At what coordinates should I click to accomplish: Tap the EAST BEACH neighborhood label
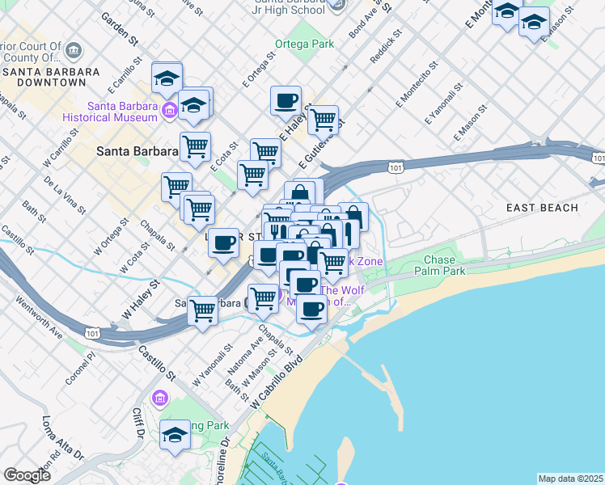(542, 208)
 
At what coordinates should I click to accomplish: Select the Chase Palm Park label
(445, 266)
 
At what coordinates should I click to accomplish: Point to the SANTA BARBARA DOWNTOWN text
(50, 77)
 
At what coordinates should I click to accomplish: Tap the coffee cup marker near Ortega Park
(286, 101)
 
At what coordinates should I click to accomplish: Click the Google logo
(27, 475)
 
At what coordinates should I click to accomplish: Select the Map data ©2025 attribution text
(570, 479)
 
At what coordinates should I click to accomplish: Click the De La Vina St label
(65, 196)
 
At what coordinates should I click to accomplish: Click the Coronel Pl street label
(81, 356)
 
